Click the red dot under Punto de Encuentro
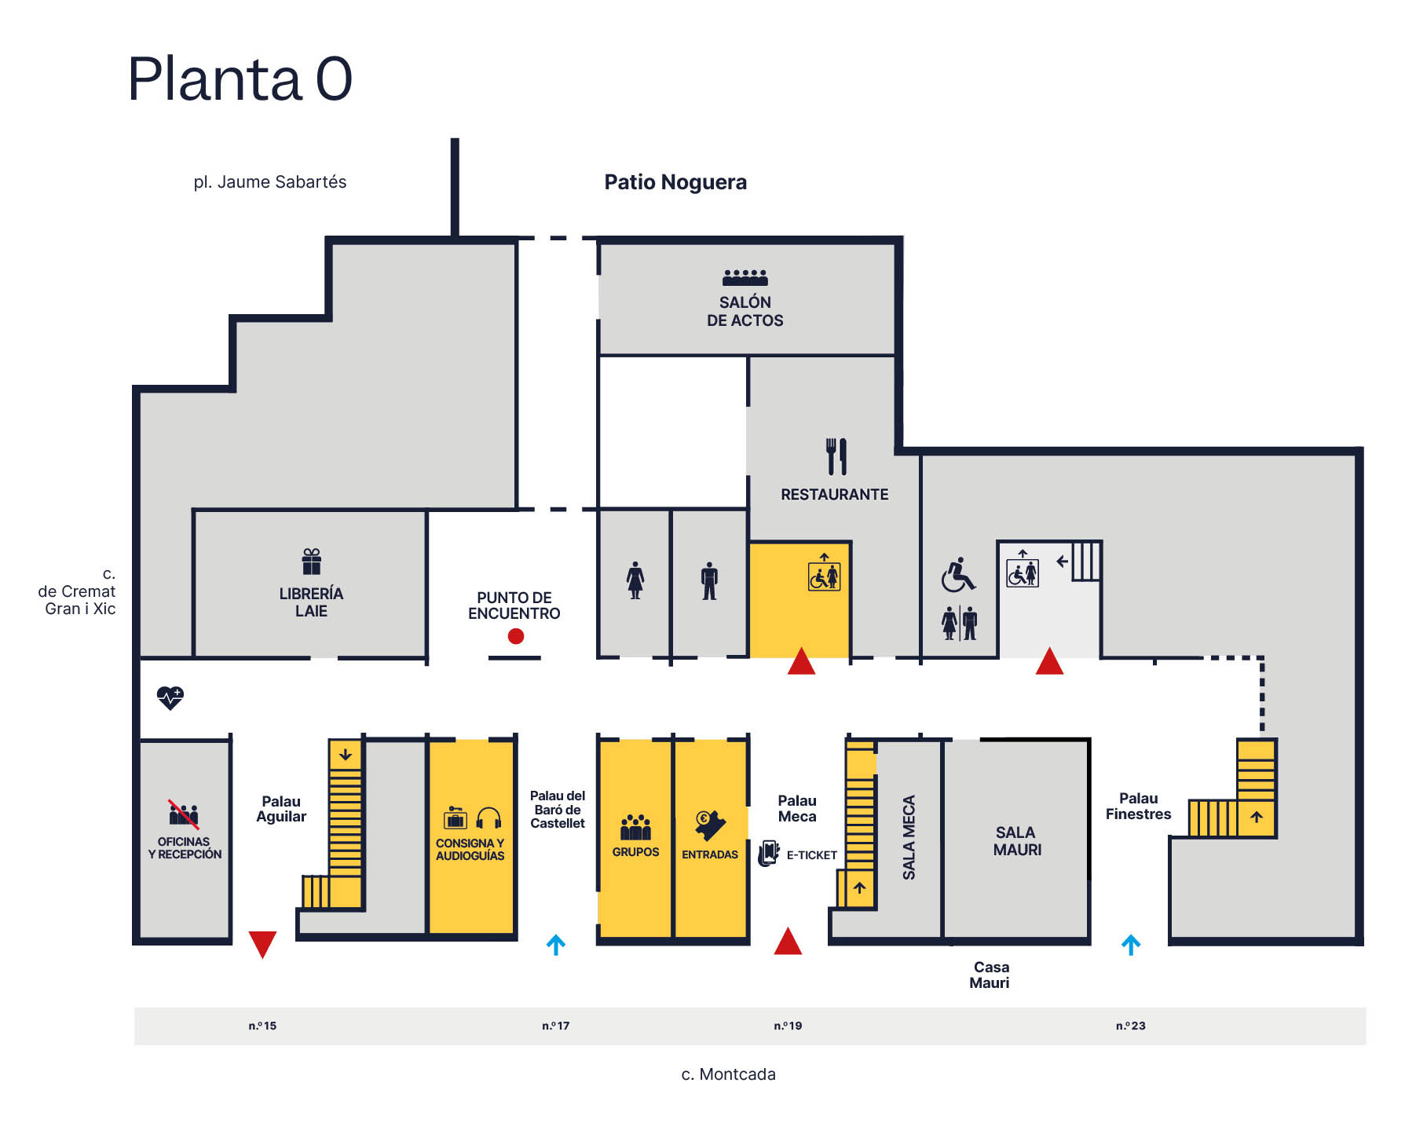click(x=515, y=636)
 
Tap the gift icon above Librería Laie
click(x=312, y=562)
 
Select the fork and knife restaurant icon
click(x=836, y=456)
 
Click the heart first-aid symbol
click(x=170, y=697)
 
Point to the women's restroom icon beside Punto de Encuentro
click(x=635, y=580)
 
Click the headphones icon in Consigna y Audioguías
click(x=488, y=819)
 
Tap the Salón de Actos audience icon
click(x=745, y=277)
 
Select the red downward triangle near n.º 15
click(x=262, y=943)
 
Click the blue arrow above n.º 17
click(x=556, y=945)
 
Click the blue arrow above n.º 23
click(x=1131, y=945)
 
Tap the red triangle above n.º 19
click(x=788, y=942)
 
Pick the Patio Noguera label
click(x=675, y=182)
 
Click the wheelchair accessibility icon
click(x=958, y=575)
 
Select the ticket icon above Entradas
click(x=710, y=825)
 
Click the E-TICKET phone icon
click(x=768, y=854)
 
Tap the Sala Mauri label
click(x=1017, y=841)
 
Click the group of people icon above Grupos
click(x=635, y=827)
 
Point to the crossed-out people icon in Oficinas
click(x=184, y=815)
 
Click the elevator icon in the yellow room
click(x=824, y=575)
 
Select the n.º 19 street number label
click(x=788, y=1026)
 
